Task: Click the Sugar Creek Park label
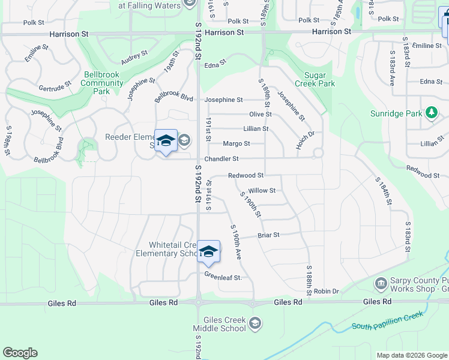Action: click(x=319, y=79)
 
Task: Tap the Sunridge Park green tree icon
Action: click(x=431, y=113)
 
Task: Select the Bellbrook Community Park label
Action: click(x=102, y=83)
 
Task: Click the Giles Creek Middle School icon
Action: click(x=256, y=324)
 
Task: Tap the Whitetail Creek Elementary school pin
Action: click(x=208, y=251)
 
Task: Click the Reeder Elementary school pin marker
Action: click(x=166, y=142)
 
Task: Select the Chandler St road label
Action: click(x=221, y=159)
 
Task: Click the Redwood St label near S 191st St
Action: click(x=246, y=175)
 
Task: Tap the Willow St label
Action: click(x=262, y=191)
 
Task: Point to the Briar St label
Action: click(x=268, y=235)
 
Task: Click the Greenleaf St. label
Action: click(x=223, y=277)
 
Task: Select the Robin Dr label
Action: click(x=326, y=291)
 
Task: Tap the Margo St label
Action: click(x=236, y=144)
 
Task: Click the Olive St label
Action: click(x=261, y=114)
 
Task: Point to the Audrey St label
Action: click(x=134, y=58)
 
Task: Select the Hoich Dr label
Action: click(x=305, y=140)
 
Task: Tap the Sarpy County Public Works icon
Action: click(x=380, y=283)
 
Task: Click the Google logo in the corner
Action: click(x=20, y=353)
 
